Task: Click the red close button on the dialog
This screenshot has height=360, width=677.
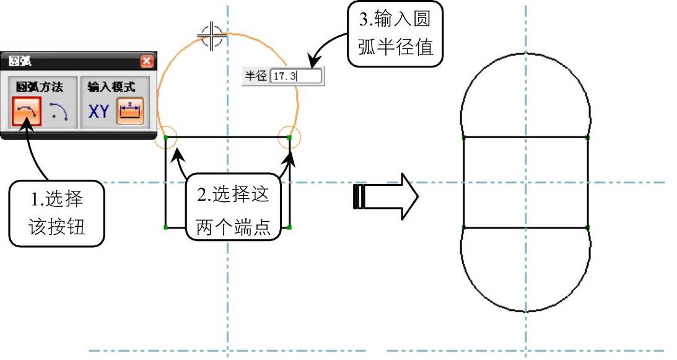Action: click(x=146, y=61)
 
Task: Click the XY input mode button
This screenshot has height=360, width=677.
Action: click(x=99, y=112)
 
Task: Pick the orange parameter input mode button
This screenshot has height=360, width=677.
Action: click(x=131, y=112)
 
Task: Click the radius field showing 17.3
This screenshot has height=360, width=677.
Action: click(x=296, y=76)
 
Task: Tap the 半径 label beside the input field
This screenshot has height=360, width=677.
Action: click(x=256, y=76)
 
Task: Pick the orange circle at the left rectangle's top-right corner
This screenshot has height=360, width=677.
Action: click(x=289, y=137)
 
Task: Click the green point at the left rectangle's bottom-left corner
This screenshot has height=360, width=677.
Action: click(x=166, y=227)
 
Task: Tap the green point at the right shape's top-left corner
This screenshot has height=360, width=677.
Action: click(x=463, y=137)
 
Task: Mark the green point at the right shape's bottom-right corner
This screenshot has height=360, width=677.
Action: click(x=587, y=227)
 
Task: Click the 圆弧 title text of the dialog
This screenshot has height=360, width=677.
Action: click(x=21, y=61)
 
